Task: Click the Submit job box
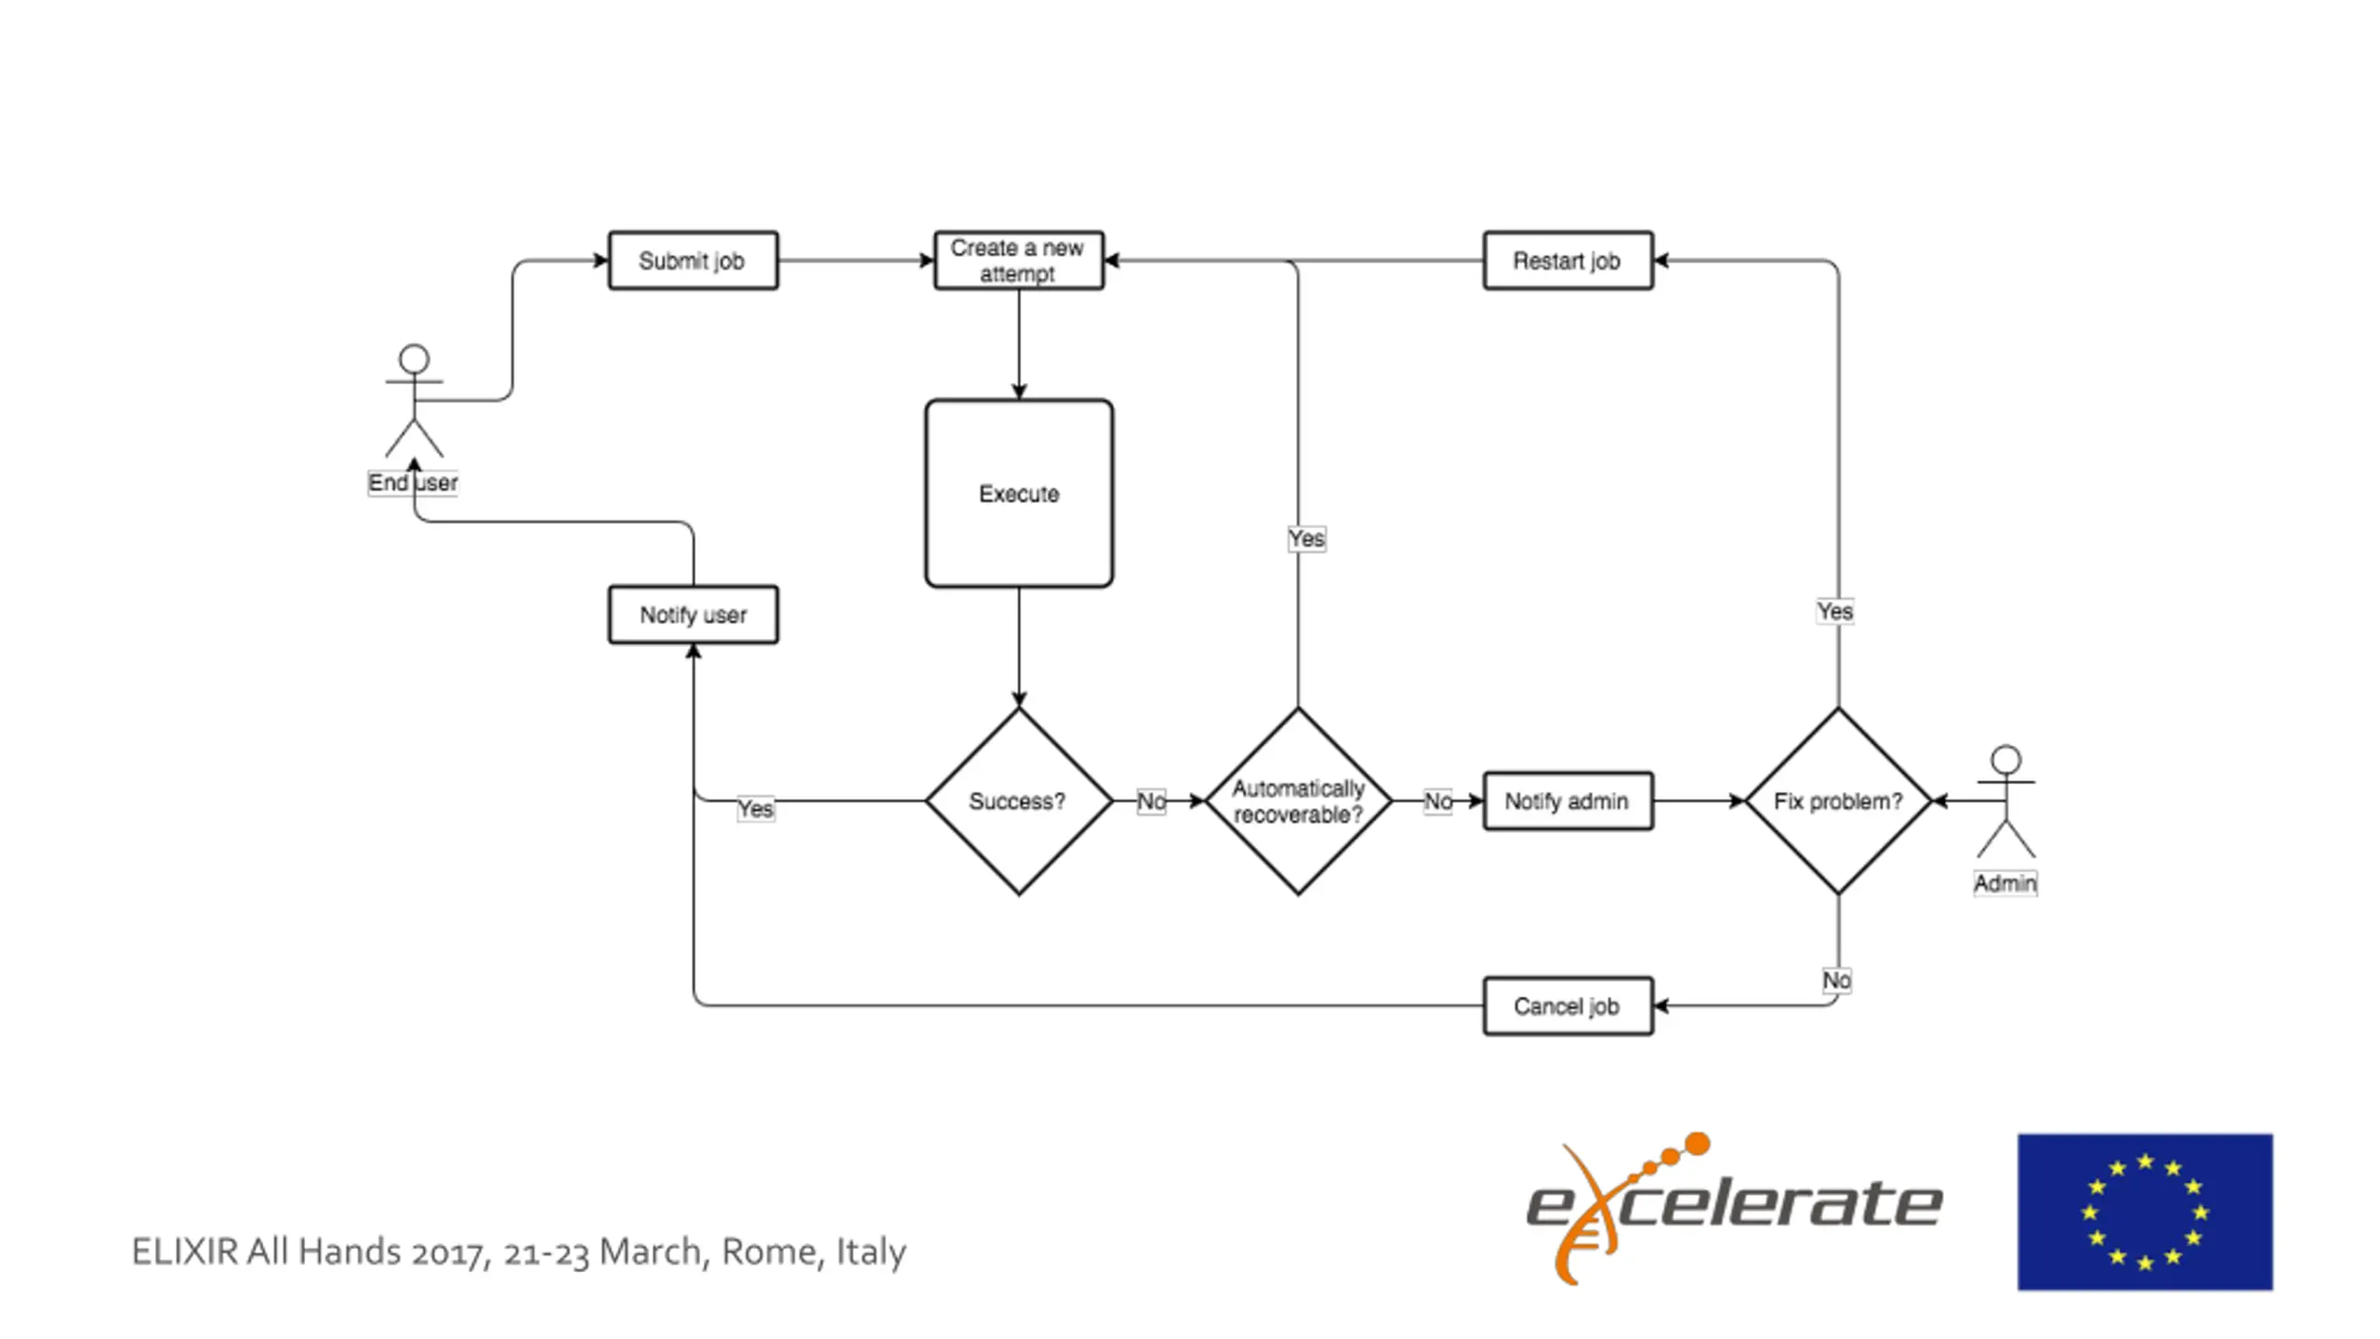pos(694,260)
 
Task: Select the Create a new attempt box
pos(1019,260)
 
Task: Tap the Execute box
pos(1019,494)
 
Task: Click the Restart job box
pos(1568,260)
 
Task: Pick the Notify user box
pos(694,615)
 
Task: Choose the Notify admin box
pos(1568,801)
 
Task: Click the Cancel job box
pos(1568,1006)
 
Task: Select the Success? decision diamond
pos(1019,801)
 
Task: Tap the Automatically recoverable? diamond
pos(1299,801)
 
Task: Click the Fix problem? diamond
pos(1839,801)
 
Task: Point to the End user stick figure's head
pos(414,359)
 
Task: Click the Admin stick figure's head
pos(2006,760)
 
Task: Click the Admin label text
pos(2005,883)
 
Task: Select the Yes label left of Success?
pos(755,809)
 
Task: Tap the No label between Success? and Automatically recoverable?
pos(1151,802)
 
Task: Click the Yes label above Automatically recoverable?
pos(1306,538)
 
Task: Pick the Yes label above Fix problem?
pos(1835,611)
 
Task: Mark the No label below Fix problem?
pos(1836,980)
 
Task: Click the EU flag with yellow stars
pos(2145,1212)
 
